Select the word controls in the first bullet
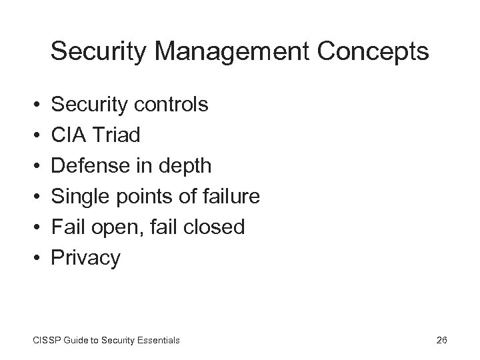click(x=173, y=105)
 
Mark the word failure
click(x=226, y=197)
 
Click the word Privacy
click(x=86, y=259)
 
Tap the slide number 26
click(x=441, y=340)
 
